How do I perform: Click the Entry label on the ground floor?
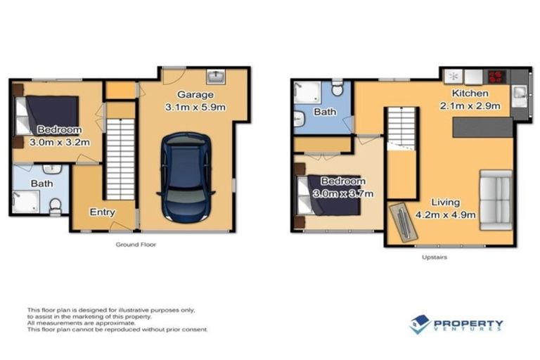(101, 212)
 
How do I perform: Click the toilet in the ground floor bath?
(55, 205)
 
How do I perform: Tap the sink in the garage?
(215, 76)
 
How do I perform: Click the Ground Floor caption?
(136, 245)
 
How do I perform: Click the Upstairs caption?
(435, 257)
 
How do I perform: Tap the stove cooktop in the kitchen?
(497, 75)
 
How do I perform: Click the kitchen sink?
(520, 93)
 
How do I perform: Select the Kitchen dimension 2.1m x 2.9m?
(475, 106)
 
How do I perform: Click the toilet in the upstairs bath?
(338, 89)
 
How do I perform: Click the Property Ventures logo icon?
(420, 324)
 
